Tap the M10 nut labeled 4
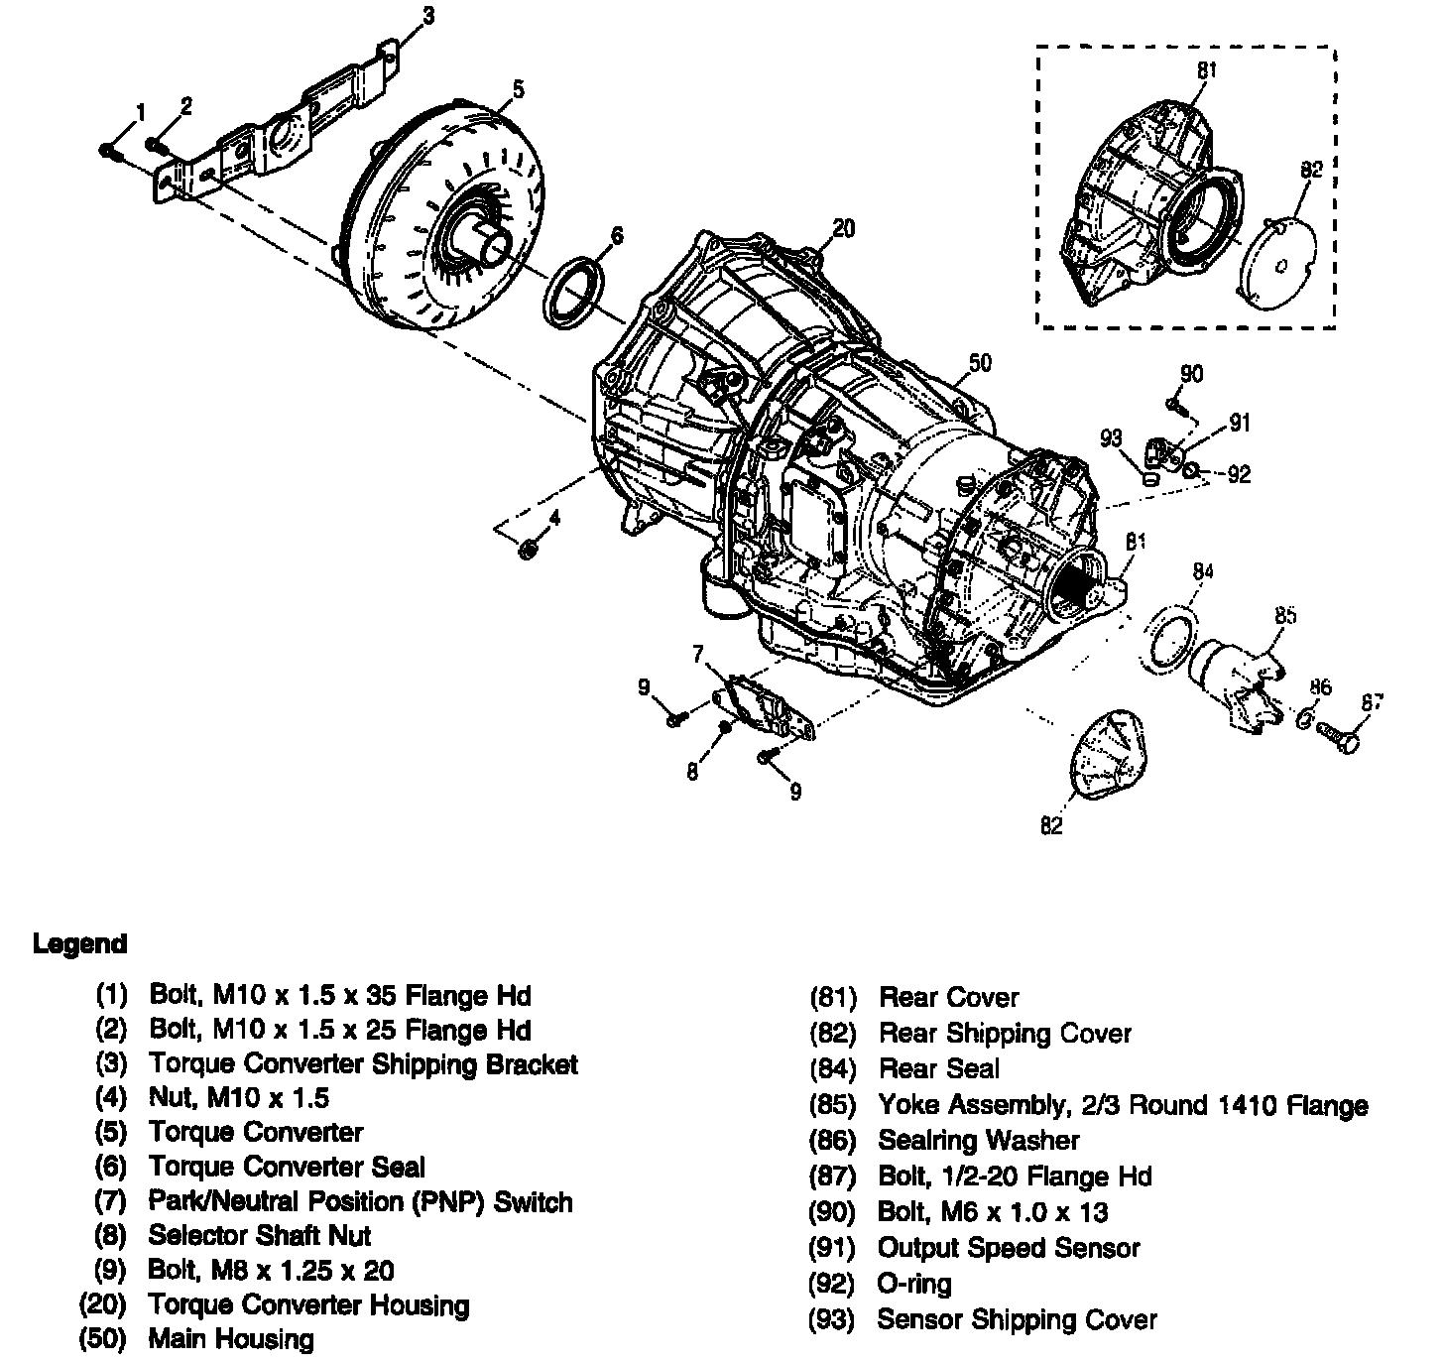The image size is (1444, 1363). point(529,549)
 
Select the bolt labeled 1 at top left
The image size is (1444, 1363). point(109,150)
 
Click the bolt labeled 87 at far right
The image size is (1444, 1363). point(1338,736)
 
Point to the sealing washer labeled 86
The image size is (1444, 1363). point(1306,716)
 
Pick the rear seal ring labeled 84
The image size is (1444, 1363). point(1171,642)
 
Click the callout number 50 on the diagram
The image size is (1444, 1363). point(979,364)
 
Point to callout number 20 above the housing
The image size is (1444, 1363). point(843,229)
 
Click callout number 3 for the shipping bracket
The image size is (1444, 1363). point(427,15)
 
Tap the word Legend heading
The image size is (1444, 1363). point(79,943)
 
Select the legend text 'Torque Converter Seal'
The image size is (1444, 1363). point(287,1167)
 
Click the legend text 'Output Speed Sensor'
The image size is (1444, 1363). point(1009,1248)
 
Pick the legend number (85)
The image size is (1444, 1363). point(833,1105)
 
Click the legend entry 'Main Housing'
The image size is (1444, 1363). point(230,1339)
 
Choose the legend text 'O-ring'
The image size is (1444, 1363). point(913,1284)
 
